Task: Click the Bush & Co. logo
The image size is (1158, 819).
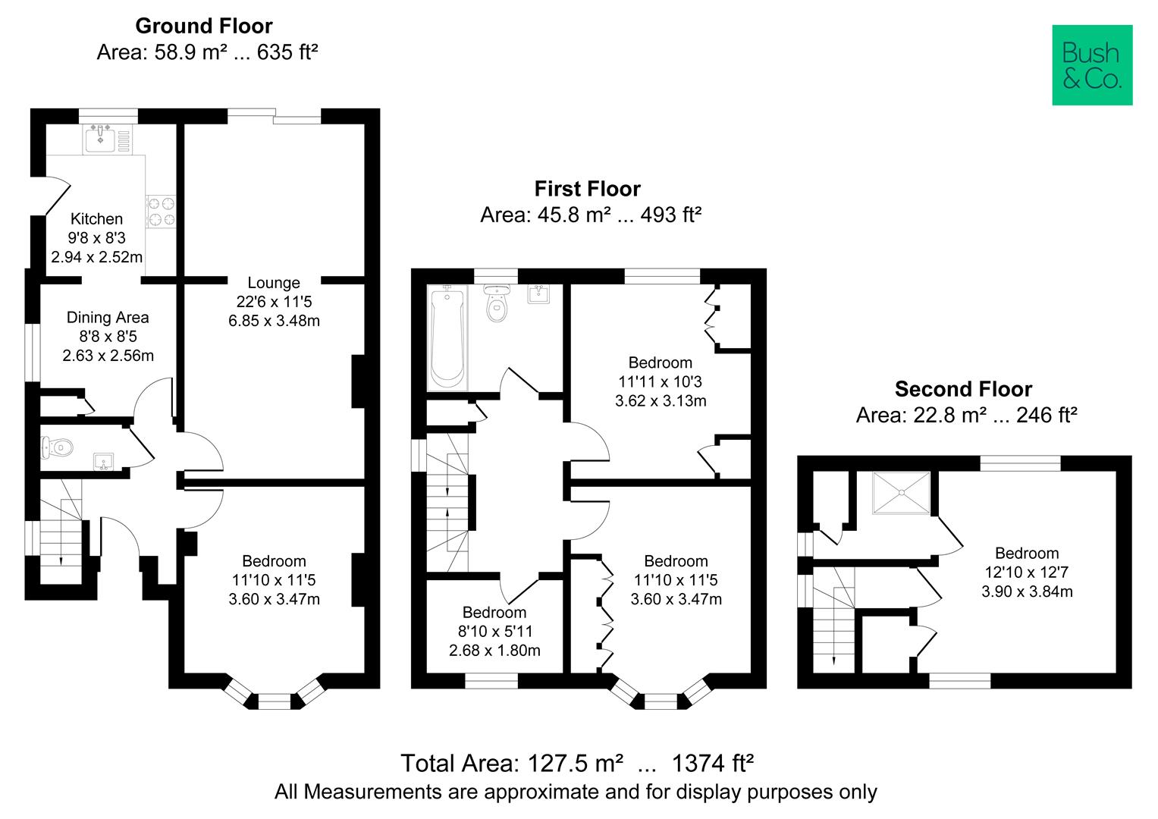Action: pos(1091,65)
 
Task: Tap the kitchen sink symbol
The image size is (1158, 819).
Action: pos(101,139)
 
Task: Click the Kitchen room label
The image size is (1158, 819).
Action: pos(96,218)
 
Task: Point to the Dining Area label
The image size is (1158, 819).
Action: pos(108,317)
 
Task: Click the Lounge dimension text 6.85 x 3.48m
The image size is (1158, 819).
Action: pos(274,321)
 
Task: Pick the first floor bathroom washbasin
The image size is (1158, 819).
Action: pos(539,294)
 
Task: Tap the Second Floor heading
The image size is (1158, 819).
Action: pos(963,389)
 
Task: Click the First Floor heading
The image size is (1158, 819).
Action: pos(587,188)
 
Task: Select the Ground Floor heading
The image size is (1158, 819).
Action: pos(203,26)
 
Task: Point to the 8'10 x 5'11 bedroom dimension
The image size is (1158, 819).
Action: pos(494,631)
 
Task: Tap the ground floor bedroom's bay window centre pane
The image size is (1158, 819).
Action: pos(274,701)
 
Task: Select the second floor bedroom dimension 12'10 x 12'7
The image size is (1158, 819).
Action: pos(1026,573)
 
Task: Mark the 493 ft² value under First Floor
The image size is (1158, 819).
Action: pos(670,215)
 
